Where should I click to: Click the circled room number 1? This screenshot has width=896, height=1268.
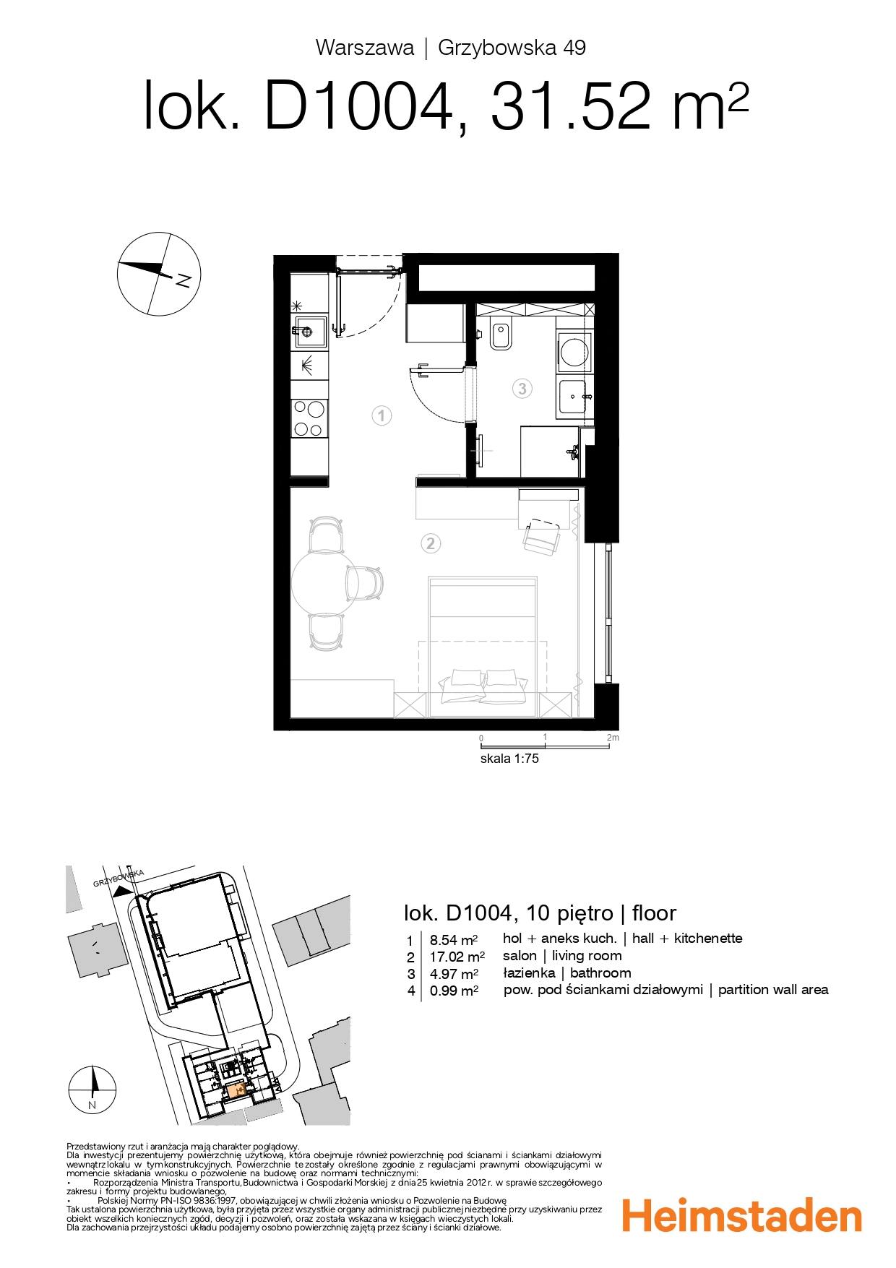tap(382, 415)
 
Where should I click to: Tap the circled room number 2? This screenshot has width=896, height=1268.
tap(431, 543)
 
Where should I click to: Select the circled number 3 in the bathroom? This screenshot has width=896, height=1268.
tap(522, 389)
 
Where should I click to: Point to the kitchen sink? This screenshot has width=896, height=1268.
tap(309, 332)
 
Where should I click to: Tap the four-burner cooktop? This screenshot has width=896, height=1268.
tap(309, 418)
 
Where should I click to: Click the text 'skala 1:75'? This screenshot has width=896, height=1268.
tap(509, 759)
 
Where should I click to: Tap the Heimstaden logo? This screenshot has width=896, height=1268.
tap(742, 1217)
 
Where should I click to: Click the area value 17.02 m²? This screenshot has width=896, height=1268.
tap(457, 957)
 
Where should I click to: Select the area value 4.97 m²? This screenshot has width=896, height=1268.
tap(454, 974)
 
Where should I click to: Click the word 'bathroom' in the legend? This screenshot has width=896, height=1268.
tap(600, 973)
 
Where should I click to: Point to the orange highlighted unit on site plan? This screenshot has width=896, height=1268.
tap(236, 1091)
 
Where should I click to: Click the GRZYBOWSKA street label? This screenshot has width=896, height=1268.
tap(119, 879)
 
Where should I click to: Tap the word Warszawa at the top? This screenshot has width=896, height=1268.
tap(365, 48)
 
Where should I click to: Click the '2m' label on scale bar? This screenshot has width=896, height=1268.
tap(613, 738)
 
